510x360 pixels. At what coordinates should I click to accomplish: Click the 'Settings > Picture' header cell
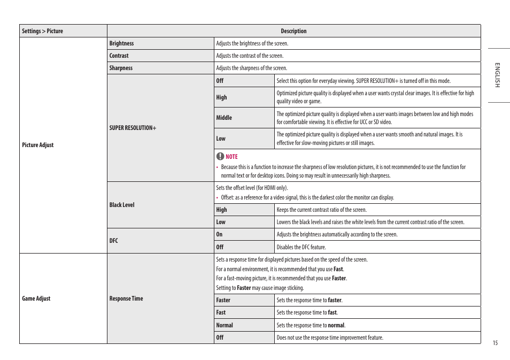click(42, 31)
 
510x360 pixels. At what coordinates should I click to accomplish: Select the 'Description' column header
click(293, 31)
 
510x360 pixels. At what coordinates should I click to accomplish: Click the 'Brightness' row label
click(121, 43)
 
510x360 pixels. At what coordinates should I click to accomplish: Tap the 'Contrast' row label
click(119, 56)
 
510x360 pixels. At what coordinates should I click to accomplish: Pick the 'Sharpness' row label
click(121, 68)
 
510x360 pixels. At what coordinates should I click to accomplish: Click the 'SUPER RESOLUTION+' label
click(133, 128)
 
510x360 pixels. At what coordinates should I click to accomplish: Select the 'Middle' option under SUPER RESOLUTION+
click(224, 118)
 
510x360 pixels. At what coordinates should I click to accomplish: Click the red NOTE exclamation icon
click(220, 156)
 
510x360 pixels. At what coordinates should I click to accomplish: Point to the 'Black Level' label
click(122, 205)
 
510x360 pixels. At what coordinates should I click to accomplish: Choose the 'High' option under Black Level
click(221, 210)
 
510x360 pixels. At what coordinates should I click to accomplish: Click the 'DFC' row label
click(113, 241)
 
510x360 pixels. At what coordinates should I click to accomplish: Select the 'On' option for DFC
click(219, 234)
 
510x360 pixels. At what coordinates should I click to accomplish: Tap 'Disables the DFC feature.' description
click(301, 247)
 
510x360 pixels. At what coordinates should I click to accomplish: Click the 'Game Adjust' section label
click(36, 298)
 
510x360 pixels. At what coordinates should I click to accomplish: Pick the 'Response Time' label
click(126, 298)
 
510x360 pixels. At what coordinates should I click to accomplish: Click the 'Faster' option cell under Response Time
click(223, 300)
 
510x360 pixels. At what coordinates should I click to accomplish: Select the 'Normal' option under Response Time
click(225, 325)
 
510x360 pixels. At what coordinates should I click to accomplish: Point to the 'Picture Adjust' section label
click(38, 145)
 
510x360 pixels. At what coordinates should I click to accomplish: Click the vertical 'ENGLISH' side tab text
click(497, 75)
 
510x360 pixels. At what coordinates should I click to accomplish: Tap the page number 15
click(495, 343)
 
